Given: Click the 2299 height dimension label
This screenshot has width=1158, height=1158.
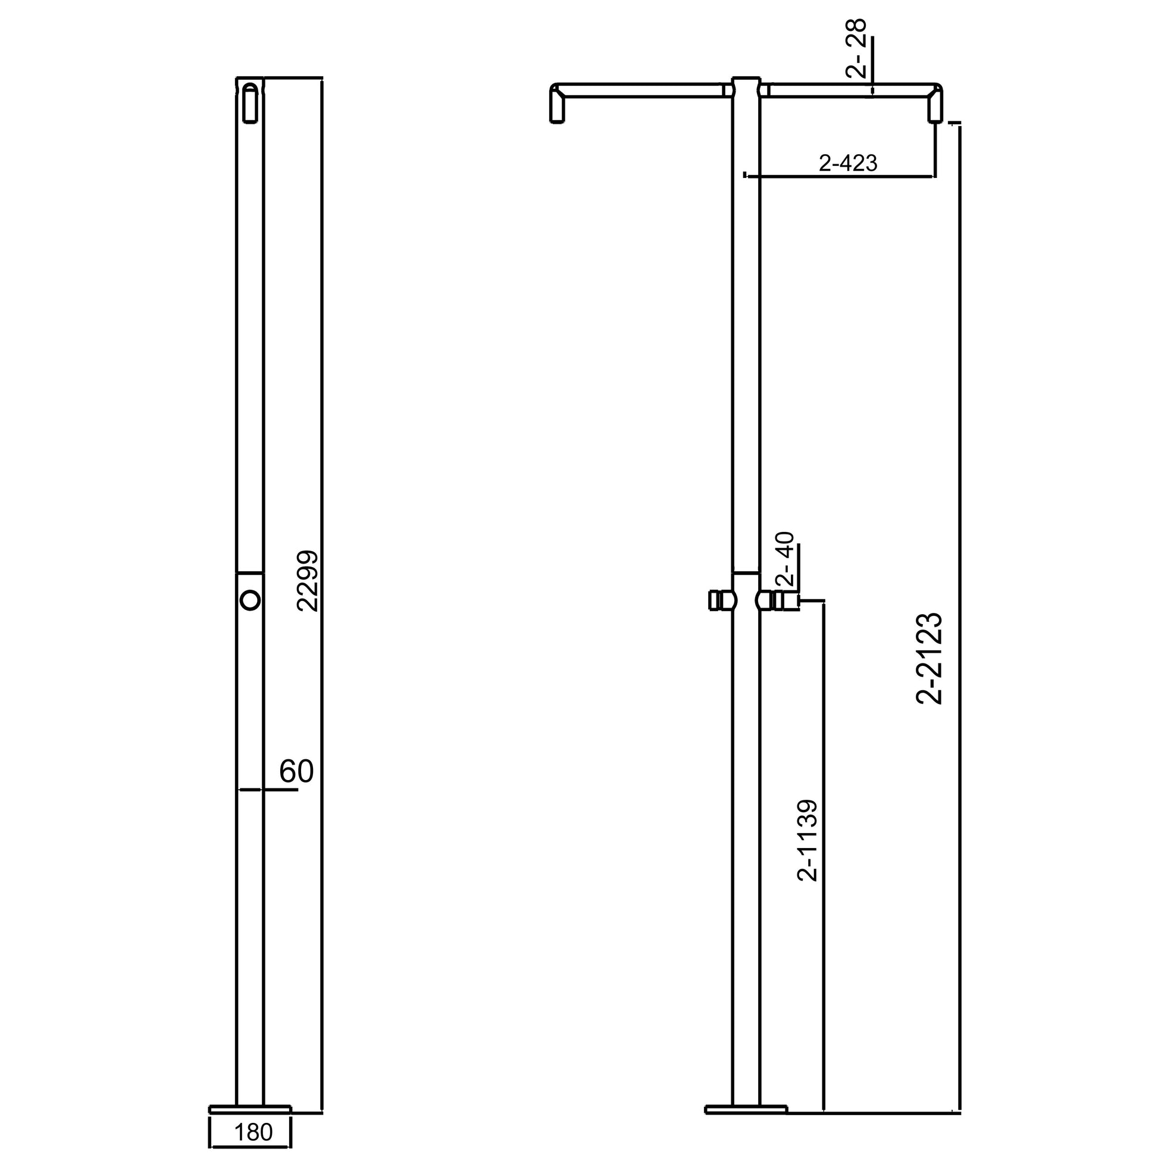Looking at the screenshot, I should (310, 581).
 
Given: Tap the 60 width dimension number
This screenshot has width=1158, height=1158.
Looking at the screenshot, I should (296, 772).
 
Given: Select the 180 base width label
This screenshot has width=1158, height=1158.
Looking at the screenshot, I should (253, 1132).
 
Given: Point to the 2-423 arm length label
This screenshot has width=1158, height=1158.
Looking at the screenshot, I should (847, 162).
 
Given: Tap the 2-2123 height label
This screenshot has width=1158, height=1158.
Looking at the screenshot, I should (930, 658).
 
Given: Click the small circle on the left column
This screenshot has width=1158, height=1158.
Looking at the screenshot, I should (250, 599).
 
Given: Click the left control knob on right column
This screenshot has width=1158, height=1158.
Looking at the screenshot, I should (722, 600).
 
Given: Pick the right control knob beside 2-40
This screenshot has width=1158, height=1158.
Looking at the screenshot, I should (777, 600).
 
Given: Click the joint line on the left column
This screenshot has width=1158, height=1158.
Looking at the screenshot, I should (250, 572).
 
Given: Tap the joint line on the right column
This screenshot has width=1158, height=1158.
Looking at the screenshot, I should (746, 572).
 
